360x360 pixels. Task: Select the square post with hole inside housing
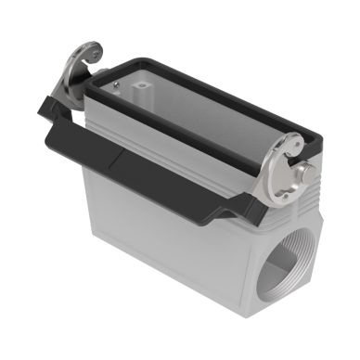pos(141,92)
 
